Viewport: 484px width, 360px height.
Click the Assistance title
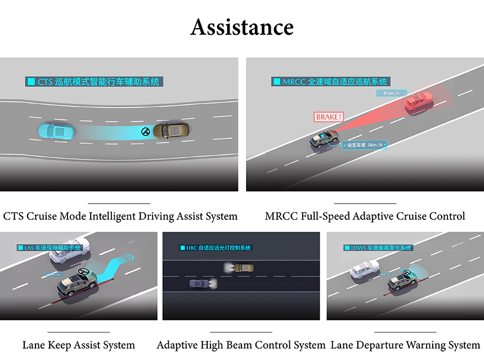(242, 27)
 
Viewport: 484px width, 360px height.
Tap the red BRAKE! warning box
(329, 117)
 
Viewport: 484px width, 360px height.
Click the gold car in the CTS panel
(172, 130)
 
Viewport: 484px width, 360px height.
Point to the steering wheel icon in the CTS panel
(146, 132)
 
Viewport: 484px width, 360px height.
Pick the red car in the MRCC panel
(419, 102)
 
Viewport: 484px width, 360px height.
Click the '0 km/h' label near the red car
(392, 93)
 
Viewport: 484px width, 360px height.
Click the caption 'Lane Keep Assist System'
(79, 345)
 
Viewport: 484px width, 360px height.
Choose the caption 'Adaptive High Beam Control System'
(241, 345)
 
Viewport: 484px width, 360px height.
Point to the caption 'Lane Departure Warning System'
(405, 345)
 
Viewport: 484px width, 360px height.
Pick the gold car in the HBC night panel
(243, 268)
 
